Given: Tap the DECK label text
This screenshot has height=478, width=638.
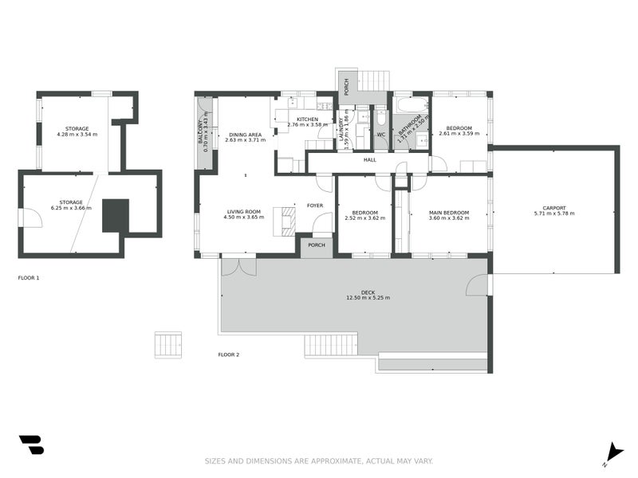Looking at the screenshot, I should [368, 292].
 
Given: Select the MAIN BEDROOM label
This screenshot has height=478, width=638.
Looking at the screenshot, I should [449, 213].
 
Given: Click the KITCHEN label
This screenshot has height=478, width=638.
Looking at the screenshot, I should [307, 119].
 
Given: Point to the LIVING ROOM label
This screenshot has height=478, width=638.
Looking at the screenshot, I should [243, 211].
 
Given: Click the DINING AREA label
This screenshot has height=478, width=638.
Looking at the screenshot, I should [245, 135].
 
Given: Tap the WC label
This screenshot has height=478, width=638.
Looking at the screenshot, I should [380, 135].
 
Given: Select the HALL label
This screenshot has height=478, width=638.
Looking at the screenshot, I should [370, 160].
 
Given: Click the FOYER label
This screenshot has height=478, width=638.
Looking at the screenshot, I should [315, 206].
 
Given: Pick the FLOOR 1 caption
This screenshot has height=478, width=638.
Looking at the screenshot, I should [29, 278].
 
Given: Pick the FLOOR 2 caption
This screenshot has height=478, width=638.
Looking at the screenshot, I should [229, 355].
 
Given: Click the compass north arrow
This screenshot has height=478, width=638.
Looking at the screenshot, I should [613, 452].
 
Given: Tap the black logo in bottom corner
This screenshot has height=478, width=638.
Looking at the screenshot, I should [31, 445].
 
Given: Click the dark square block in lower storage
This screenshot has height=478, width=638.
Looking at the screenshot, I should [116, 215].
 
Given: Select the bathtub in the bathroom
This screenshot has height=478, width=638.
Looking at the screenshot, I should [412, 105].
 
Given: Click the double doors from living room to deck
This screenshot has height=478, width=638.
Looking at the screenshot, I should [234, 266].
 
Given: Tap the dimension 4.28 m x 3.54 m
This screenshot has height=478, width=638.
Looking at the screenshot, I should [77, 135].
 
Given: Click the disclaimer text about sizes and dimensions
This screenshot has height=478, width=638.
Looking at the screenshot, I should [319, 460].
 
